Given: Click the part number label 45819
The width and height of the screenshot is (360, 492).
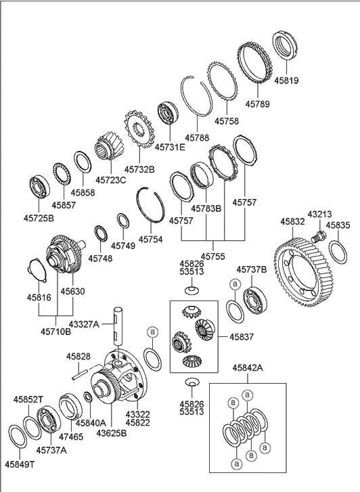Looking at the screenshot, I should (286, 81).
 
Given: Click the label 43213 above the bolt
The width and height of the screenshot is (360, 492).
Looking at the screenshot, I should (320, 215).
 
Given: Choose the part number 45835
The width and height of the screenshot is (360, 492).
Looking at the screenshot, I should (338, 225).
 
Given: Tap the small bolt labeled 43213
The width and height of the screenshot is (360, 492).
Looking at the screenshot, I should (318, 237).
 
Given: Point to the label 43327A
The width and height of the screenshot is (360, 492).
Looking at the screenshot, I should (103, 324).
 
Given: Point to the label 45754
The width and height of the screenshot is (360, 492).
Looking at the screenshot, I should (152, 239).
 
